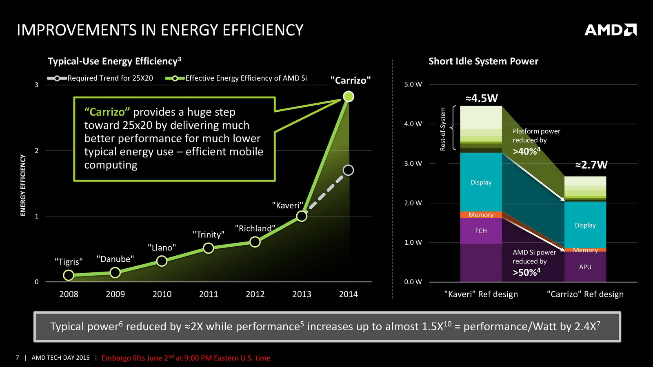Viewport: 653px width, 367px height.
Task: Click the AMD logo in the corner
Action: click(x=610, y=30)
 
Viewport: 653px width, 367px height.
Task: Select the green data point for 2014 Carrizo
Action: click(x=349, y=97)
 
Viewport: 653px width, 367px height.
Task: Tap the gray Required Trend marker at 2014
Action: click(x=348, y=170)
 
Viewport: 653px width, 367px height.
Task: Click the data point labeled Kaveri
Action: click(x=302, y=216)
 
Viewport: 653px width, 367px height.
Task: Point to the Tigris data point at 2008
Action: click(x=69, y=275)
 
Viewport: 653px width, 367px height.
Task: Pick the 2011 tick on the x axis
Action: click(x=209, y=294)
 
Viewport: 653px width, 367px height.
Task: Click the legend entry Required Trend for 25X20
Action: click(x=100, y=78)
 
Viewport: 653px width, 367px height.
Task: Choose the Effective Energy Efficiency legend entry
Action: click(x=236, y=78)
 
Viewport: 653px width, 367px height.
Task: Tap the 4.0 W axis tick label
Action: click(x=413, y=124)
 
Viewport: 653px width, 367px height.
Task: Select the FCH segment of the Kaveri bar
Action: click(x=481, y=231)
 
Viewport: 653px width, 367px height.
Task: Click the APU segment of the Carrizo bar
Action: click(x=585, y=267)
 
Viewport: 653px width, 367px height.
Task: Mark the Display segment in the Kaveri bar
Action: click(x=481, y=182)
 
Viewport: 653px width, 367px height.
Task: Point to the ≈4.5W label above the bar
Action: click(x=482, y=98)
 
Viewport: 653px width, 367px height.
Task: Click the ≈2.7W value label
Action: click(x=591, y=165)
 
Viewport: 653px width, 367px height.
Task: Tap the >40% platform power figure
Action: click(x=526, y=151)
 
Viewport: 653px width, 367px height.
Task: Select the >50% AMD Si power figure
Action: click(x=526, y=272)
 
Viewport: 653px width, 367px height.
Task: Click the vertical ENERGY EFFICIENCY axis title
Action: click(x=23, y=185)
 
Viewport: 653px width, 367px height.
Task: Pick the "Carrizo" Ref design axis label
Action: click(x=585, y=294)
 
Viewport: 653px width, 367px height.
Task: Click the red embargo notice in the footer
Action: click(x=186, y=358)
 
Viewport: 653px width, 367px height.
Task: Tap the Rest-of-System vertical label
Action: click(x=443, y=129)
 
